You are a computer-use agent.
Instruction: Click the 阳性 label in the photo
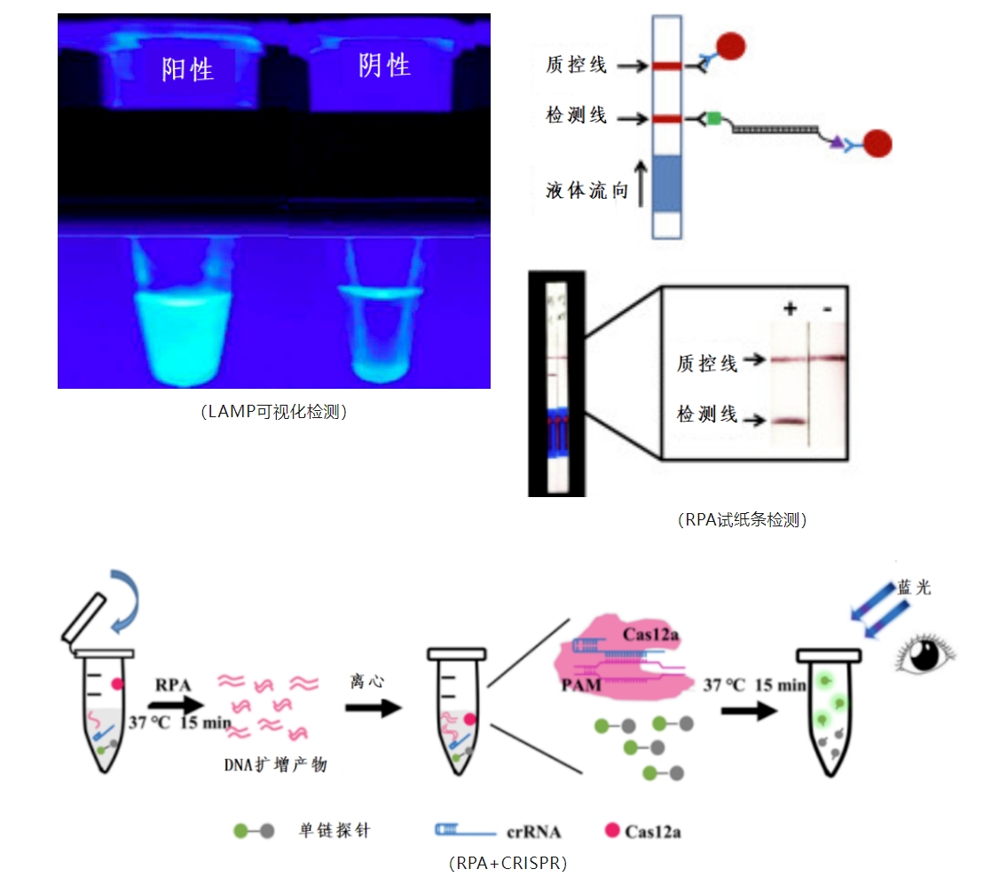pos(187,68)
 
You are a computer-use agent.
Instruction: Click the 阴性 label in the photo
pos(384,65)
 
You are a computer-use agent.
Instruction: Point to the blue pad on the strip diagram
pos(665,184)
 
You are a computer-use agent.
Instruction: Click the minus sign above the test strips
pos(827,309)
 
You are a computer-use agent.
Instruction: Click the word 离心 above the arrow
pos(366,681)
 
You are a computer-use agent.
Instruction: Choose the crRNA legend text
pos(533,832)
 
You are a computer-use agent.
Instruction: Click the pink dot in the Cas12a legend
pos(610,831)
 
